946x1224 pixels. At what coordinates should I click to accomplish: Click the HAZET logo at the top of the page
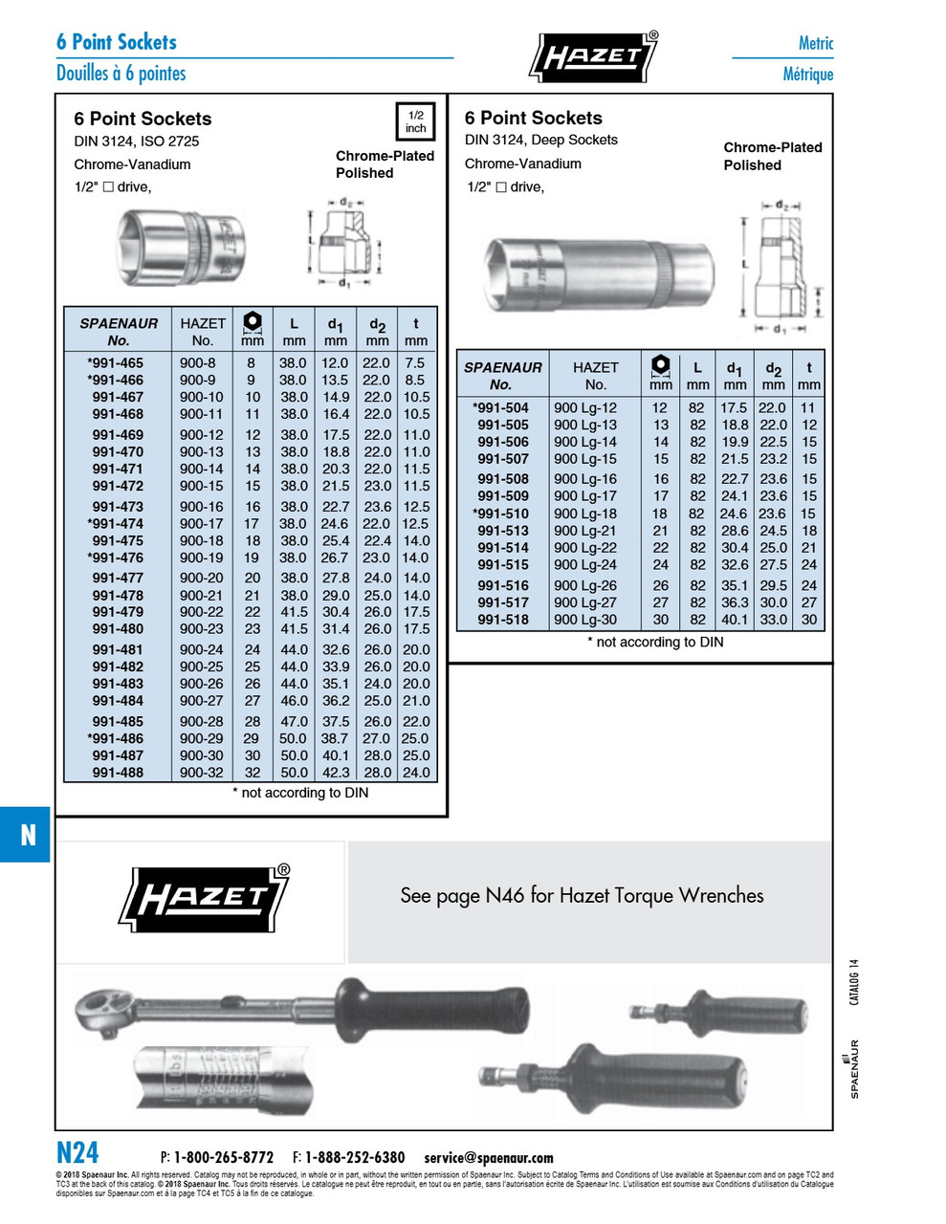(593, 56)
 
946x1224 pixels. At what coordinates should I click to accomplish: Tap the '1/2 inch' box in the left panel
(415, 121)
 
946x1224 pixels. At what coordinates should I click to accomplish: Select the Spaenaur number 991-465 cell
(116, 363)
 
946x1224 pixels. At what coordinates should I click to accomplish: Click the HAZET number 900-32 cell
(201, 773)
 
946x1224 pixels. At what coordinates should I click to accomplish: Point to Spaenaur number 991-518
(503, 620)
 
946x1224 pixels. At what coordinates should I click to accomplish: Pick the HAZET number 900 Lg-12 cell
(585, 407)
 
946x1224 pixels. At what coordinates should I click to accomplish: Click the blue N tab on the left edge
(26, 835)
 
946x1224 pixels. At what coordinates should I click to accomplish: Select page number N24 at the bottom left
(77, 1152)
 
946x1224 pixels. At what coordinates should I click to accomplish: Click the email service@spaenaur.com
(488, 1158)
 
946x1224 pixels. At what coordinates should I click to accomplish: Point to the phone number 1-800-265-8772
(223, 1158)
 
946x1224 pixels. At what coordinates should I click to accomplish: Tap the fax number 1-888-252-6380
(354, 1158)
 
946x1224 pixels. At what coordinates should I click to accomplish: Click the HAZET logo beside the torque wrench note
(204, 900)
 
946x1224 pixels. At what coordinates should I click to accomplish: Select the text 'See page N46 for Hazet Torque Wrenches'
(582, 896)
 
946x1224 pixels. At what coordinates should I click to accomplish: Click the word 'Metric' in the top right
(815, 43)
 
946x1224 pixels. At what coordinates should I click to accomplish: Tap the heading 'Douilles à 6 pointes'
(121, 74)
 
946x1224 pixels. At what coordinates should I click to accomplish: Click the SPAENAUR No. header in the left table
(118, 332)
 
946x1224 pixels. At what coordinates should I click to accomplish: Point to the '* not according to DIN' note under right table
(655, 643)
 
